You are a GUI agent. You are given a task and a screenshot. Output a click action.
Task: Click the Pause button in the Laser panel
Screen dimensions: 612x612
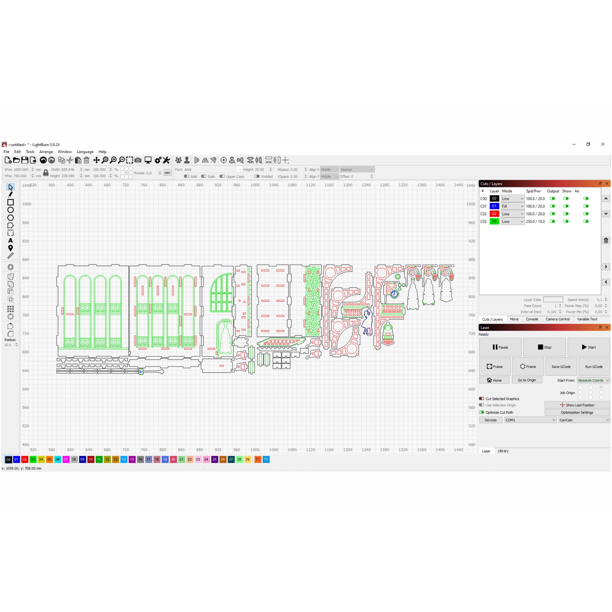(500, 347)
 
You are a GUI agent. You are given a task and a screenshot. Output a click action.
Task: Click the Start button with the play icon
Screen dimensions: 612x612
(588, 347)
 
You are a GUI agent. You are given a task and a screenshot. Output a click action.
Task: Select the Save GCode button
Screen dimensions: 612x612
(561, 366)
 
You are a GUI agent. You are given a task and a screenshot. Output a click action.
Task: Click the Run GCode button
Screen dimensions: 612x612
(594, 366)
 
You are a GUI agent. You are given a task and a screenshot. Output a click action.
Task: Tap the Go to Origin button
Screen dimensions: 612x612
(527, 380)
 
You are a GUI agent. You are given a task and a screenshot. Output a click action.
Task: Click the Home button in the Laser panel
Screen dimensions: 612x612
(494, 380)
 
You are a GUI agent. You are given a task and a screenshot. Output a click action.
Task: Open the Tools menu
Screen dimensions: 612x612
(30, 152)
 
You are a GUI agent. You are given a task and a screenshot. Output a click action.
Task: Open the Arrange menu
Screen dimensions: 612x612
(46, 152)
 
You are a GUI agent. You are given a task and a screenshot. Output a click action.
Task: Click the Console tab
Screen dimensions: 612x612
(532, 319)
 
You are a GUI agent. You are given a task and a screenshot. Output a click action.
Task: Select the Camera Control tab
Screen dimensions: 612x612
(558, 319)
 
